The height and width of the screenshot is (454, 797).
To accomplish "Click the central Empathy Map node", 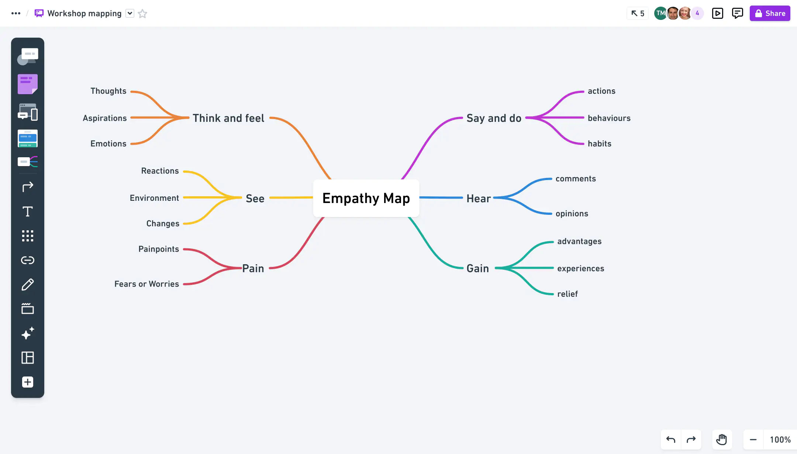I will pyautogui.click(x=366, y=198).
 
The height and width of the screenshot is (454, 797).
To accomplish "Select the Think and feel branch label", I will pyautogui.click(x=228, y=118).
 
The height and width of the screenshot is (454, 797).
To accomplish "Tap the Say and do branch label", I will pyautogui.click(x=494, y=118).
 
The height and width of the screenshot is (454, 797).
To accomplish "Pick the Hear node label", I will pyautogui.click(x=479, y=199).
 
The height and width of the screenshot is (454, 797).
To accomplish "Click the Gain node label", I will pyautogui.click(x=477, y=268).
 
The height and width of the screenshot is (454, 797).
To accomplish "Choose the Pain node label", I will pyautogui.click(x=253, y=268).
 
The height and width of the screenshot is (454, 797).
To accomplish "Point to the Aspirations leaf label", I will pyautogui.click(x=105, y=118).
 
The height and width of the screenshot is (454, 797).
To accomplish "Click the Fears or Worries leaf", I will pyautogui.click(x=146, y=284).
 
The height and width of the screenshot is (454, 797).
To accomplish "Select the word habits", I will pyautogui.click(x=599, y=144).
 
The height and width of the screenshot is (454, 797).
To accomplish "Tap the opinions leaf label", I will pyautogui.click(x=572, y=214).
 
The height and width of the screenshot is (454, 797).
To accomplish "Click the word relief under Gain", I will pyautogui.click(x=567, y=294).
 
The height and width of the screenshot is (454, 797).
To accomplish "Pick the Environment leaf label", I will pyautogui.click(x=154, y=198).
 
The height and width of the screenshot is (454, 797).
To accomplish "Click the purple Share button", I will pyautogui.click(x=770, y=13).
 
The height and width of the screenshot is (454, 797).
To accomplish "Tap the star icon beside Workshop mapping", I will pyautogui.click(x=142, y=14).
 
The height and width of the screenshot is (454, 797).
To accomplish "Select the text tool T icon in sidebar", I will pyautogui.click(x=28, y=211).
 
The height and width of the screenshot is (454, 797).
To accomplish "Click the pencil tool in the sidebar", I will pyautogui.click(x=28, y=285).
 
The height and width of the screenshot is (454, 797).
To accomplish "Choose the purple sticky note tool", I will pyautogui.click(x=28, y=84).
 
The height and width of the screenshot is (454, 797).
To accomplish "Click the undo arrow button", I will pyautogui.click(x=671, y=440).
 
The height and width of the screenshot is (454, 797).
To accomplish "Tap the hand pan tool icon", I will pyautogui.click(x=721, y=440).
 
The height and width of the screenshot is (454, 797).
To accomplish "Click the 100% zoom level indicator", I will pyautogui.click(x=780, y=440).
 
